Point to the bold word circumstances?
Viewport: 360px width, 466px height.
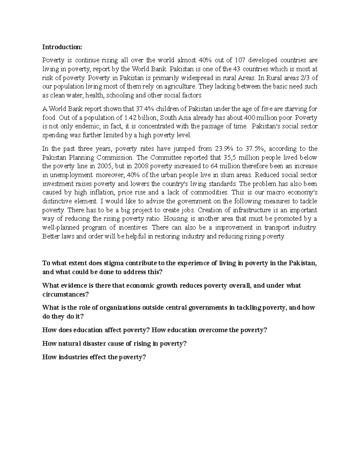point(66,294)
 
